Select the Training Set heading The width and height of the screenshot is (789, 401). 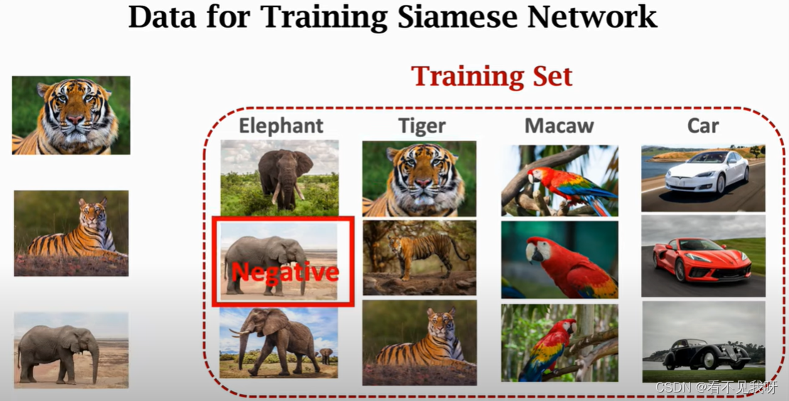pyautogui.click(x=491, y=76)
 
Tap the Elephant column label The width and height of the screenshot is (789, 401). pyautogui.click(x=281, y=126)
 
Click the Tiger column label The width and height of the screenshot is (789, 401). pyautogui.click(x=422, y=126)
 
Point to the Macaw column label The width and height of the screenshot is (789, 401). pyautogui.click(x=559, y=126)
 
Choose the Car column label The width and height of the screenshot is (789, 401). pyautogui.click(x=703, y=126)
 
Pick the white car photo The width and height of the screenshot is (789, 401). pyautogui.click(x=703, y=178)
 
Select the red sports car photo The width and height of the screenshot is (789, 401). pyautogui.click(x=703, y=256)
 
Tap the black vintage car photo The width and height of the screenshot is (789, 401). pyautogui.click(x=703, y=342)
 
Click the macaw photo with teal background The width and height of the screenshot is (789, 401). pyautogui.click(x=559, y=259)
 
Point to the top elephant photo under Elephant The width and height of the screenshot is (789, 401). pyautogui.click(x=279, y=177)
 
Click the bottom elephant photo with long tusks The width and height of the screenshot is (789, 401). pyautogui.click(x=279, y=343)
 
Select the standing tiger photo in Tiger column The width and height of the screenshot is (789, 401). pyautogui.click(x=419, y=257)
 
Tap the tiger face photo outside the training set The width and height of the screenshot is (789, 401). pyautogui.click(x=71, y=115)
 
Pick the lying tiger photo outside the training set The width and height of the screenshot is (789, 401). pyautogui.click(x=71, y=233)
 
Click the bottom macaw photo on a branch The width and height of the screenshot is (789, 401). pyautogui.click(x=559, y=343)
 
